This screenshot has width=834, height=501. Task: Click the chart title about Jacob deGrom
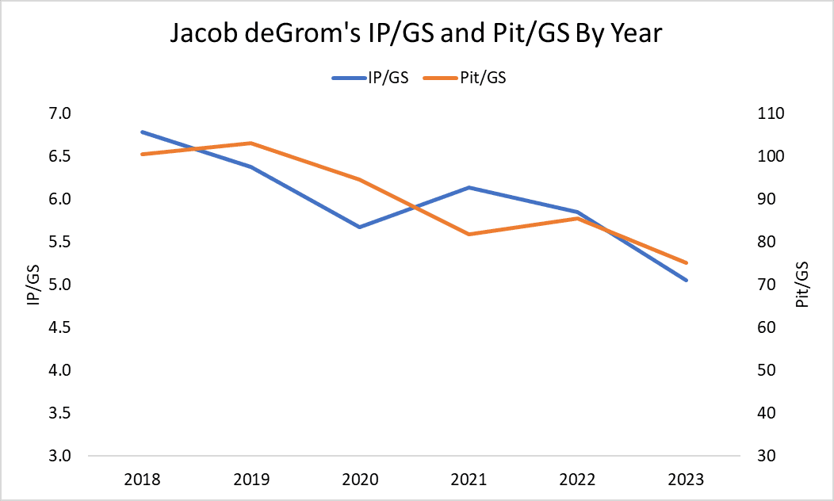(417, 35)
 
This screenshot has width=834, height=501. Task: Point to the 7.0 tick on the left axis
(60, 113)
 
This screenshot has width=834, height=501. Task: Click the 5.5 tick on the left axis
(60, 242)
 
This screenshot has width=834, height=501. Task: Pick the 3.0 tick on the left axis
(60, 456)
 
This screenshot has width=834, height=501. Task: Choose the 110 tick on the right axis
(771, 113)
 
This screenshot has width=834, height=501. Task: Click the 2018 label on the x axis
(143, 480)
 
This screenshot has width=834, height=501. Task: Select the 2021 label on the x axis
(469, 480)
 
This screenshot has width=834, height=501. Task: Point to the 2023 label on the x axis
(686, 480)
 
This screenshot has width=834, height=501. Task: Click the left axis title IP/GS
(34, 285)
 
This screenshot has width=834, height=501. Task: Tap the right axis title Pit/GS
(802, 285)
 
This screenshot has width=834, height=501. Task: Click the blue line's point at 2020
(360, 227)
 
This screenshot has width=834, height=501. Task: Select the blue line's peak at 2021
(469, 187)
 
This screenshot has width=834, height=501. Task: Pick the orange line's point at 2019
(251, 143)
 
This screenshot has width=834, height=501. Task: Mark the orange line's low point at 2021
(469, 234)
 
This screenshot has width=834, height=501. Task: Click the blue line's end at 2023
(686, 280)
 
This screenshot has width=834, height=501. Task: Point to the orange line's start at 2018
(143, 154)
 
